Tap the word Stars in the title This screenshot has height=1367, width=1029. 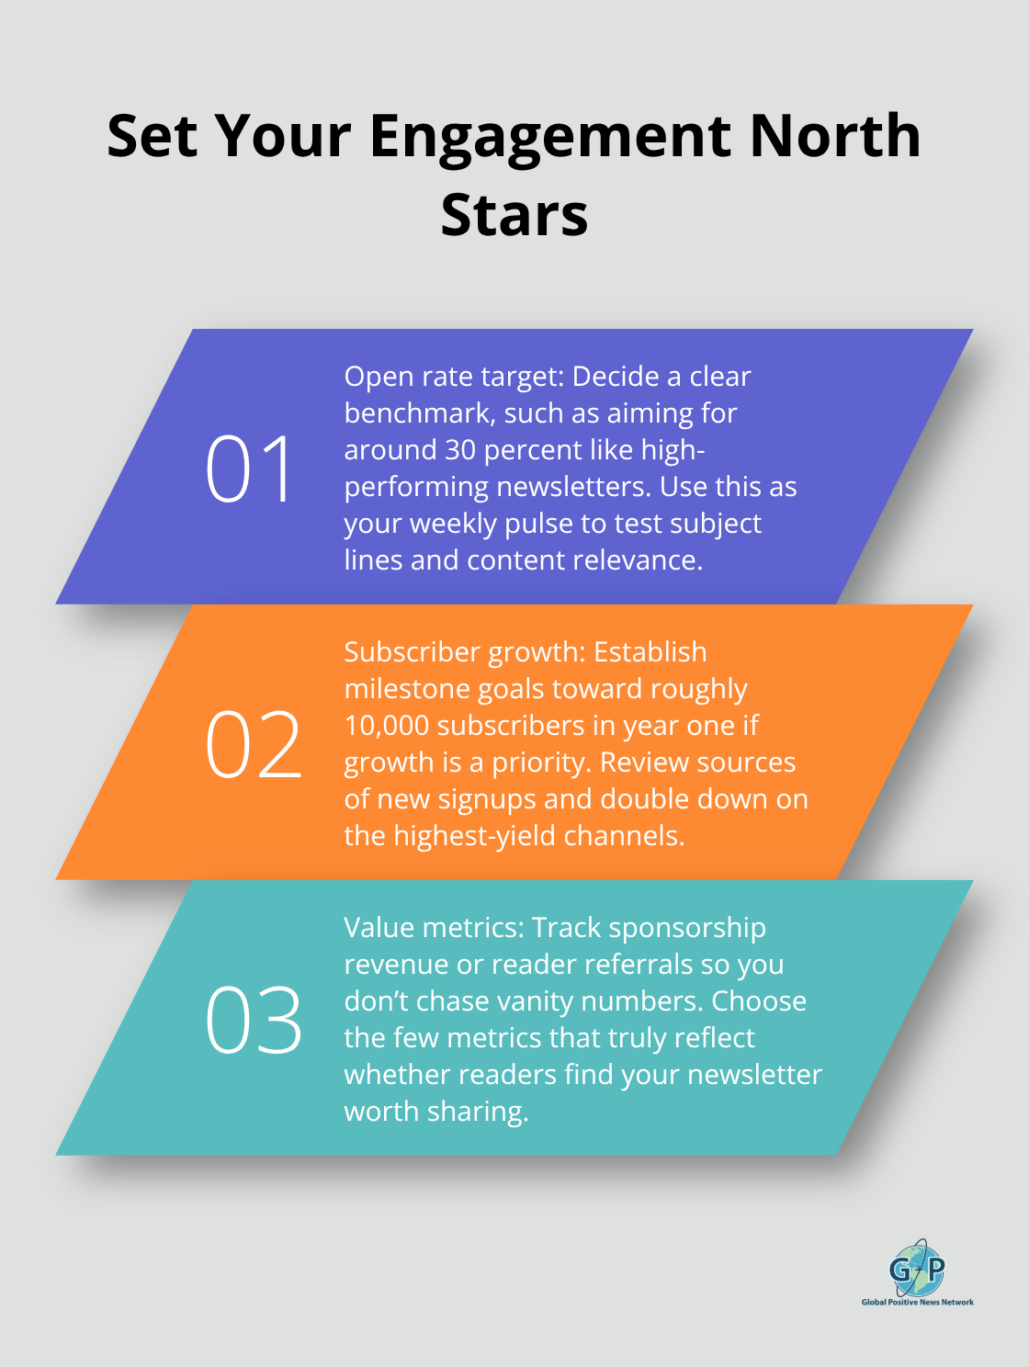[514, 216]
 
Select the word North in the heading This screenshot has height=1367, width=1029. [834, 136]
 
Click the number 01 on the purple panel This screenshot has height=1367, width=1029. [249, 469]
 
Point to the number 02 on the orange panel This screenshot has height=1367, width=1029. [253, 745]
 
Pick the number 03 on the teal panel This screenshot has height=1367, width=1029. [253, 1021]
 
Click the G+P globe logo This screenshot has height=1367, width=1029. [917, 1269]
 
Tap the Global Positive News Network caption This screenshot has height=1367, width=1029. [917, 1302]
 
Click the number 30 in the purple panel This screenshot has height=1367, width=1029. [460, 450]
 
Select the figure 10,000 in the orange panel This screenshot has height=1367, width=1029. [387, 726]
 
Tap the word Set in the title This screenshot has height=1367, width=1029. [152, 136]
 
